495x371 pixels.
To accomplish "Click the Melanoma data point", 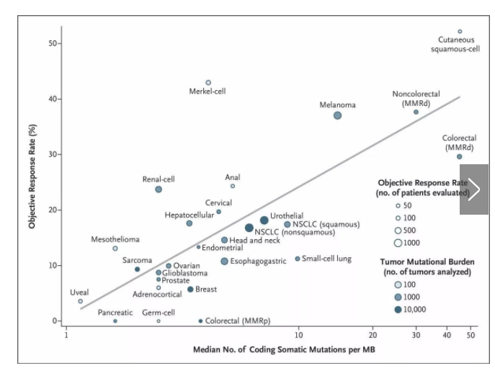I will [x=337, y=115].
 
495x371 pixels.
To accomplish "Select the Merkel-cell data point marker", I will [x=208, y=83].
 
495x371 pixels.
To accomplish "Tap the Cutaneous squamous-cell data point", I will [x=460, y=32].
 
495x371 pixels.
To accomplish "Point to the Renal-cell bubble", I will [x=159, y=189].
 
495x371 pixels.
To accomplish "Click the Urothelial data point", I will [x=264, y=220].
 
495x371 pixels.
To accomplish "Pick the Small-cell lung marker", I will [x=298, y=259].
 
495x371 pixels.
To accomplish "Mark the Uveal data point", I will [x=81, y=301].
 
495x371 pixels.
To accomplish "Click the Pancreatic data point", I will [x=115, y=321].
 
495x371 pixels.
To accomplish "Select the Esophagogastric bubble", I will [x=225, y=261].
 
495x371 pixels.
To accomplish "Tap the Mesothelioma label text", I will [x=115, y=239].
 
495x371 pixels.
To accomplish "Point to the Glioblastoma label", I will [x=185, y=273].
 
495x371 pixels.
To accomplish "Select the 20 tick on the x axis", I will [x=373, y=336].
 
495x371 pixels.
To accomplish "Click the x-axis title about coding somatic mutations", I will [x=283, y=350].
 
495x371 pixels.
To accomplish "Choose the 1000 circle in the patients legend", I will [x=397, y=243].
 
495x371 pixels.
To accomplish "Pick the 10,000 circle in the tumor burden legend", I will [x=397, y=309].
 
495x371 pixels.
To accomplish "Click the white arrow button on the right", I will [x=473, y=189].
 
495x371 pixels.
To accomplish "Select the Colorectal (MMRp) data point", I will [x=200, y=321].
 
